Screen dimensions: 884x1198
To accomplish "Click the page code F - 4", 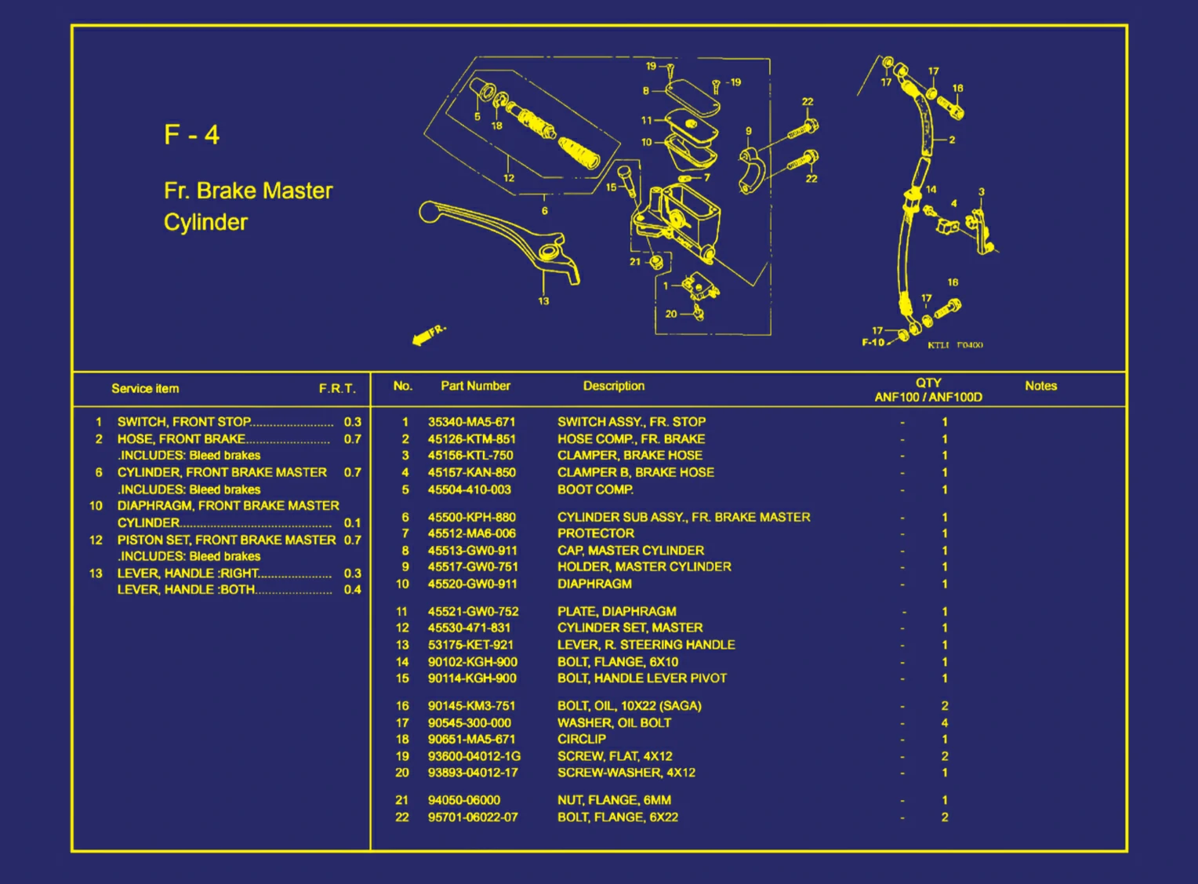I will pos(191,135).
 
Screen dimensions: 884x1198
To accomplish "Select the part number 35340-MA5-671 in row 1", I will pos(471,422).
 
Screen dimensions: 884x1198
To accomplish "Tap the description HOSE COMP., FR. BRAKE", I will pos(630,439).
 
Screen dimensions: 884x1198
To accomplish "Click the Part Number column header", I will pos(475,386).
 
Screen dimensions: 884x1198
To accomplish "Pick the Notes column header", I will pos(1040,386).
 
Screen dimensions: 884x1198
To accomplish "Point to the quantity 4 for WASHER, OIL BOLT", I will pos(944,723).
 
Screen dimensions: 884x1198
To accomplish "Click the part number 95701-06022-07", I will pos(473,817).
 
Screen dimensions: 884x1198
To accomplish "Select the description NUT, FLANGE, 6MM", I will pos(614,800).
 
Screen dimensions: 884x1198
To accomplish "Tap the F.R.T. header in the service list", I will pos(337,389).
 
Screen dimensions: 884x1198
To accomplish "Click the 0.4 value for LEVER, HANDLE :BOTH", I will pos(352,590).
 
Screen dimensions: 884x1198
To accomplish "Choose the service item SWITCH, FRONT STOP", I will pos(183,422).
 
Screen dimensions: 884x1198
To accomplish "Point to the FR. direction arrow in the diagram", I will pos(428,335).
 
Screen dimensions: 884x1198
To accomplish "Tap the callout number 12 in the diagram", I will pos(509,178).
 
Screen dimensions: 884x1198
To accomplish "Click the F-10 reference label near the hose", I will pos(873,342).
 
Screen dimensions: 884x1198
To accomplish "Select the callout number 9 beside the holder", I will pos(749,132).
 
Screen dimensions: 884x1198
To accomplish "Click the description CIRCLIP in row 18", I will pos(581,739).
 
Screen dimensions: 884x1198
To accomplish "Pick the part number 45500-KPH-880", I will pos(471,518).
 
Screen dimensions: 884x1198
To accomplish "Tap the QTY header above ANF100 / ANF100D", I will pos(928,383).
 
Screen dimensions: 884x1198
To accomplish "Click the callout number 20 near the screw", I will pos(671,314).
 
